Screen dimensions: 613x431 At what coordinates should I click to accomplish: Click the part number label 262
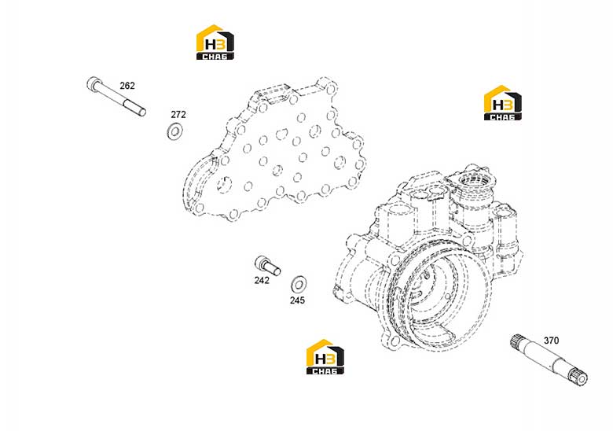point(127,86)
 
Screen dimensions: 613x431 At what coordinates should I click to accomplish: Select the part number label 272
point(178,115)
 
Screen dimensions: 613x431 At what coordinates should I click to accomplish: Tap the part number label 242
point(262,281)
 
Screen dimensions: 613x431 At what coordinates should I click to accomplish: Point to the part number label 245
point(297,300)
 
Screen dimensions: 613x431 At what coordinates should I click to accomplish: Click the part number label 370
point(551,341)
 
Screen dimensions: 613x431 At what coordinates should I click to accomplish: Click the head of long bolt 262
point(93,83)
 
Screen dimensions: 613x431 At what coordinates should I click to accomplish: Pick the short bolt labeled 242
point(267,266)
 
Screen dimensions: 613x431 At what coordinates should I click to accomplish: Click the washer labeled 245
point(299,285)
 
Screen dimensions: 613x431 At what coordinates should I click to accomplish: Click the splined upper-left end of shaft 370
point(519,342)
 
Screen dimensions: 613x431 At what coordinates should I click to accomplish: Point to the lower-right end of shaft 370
point(580,378)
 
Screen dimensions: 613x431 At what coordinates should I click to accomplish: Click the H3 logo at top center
point(215,42)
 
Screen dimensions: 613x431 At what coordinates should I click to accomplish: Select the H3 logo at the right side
point(503,103)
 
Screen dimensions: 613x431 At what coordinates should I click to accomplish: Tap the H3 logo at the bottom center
point(325,357)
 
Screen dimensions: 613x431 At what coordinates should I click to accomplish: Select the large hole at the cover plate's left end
point(224,184)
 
